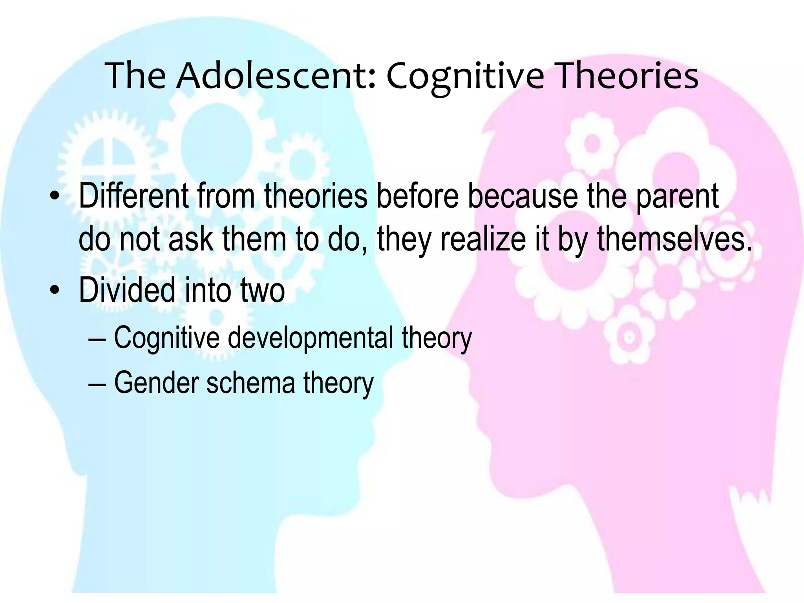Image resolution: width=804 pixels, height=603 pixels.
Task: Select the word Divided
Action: click(127, 291)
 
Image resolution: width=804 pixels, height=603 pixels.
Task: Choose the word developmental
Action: click(311, 338)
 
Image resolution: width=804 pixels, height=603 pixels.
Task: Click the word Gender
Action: click(156, 383)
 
